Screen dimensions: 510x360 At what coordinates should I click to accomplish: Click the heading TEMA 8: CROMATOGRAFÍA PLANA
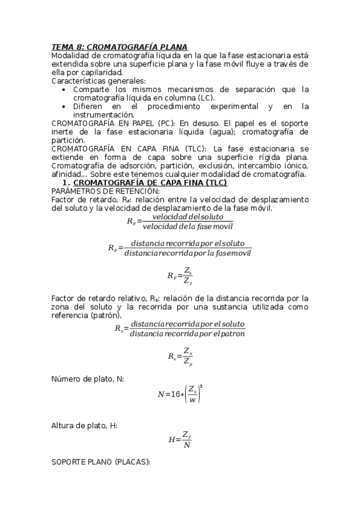pos(120,46)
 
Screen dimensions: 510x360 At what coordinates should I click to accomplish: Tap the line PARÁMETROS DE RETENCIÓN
pos(97,191)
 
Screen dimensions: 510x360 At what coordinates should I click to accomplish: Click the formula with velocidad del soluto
pos(180,221)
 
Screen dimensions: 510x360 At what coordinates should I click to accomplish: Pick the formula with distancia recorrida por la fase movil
pos(180,248)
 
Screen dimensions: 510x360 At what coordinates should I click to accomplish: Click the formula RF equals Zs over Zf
pos(180,276)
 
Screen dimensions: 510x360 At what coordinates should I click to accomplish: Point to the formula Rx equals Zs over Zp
pos(180,356)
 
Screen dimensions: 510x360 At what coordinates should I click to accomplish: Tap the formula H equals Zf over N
pos(180,439)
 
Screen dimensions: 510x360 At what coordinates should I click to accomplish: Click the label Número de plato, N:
pos(88,378)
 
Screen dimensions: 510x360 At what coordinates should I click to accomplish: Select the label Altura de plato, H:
pos(85,425)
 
